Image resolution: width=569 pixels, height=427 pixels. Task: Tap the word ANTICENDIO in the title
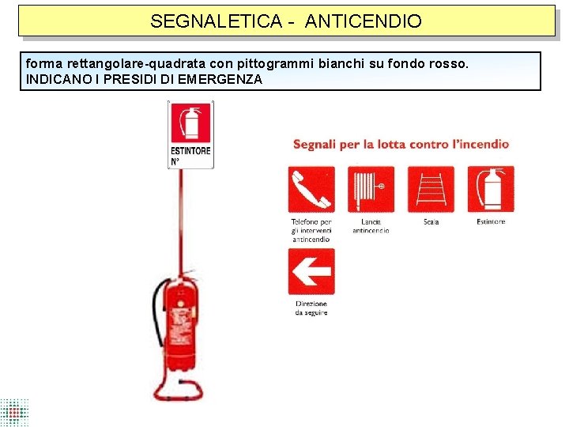tap(363, 21)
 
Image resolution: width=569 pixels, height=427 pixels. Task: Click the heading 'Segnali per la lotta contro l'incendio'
tap(401, 144)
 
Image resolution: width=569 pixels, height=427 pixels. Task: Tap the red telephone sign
tap(311, 189)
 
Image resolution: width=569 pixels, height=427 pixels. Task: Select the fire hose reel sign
tap(371, 189)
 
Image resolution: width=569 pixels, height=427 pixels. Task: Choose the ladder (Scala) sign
tap(431, 189)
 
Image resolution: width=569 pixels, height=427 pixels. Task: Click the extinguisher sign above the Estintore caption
tap(491, 189)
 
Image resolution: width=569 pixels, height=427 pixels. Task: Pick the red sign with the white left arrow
tap(311, 272)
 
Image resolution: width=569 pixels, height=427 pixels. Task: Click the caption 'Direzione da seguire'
tap(311, 308)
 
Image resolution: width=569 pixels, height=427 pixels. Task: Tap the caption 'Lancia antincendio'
tap(371, 226)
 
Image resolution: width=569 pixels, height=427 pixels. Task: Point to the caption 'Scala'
tap(431, 222)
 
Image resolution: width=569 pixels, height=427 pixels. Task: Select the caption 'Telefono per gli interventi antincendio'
tap(311, 230)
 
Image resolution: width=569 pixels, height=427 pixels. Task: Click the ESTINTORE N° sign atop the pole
tap(191, 134)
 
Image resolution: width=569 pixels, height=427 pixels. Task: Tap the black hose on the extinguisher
tap(156, 316)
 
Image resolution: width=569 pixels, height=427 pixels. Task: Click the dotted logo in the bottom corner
tap(14, 412)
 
